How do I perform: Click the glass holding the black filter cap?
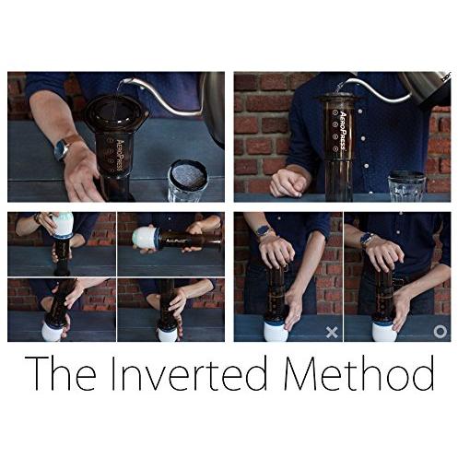pyautogui.click(x=187, y=181)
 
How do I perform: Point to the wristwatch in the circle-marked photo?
pyautogui.click(x=367, y=239)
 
